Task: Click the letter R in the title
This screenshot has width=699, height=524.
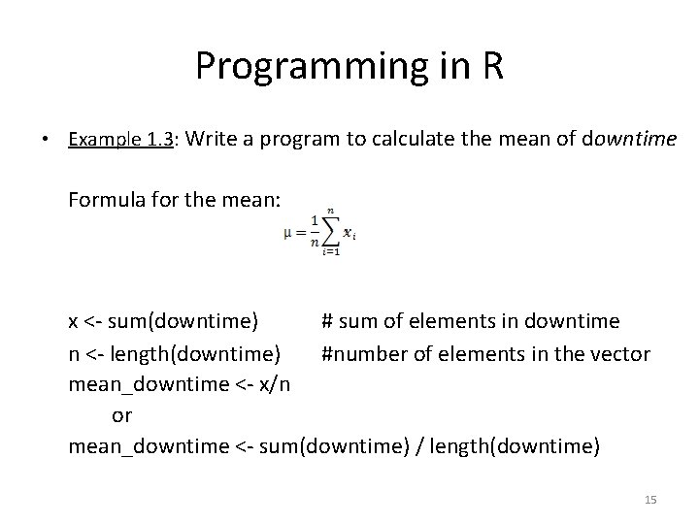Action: tap(489, 67)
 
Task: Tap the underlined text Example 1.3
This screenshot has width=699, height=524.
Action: tap(120, 140)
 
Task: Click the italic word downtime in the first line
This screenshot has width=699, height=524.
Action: tap(628, 140)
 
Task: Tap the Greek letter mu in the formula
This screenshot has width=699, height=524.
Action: tap(288, 234)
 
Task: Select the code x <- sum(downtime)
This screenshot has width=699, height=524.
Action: tap(163, 321)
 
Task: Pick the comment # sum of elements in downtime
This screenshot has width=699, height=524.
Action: tap(470, 321)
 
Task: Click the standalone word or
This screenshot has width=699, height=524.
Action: tap(122, 415)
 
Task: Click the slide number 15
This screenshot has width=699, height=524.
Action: tap(650, 499)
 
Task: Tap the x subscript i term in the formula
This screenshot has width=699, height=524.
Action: tap(349, 234)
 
